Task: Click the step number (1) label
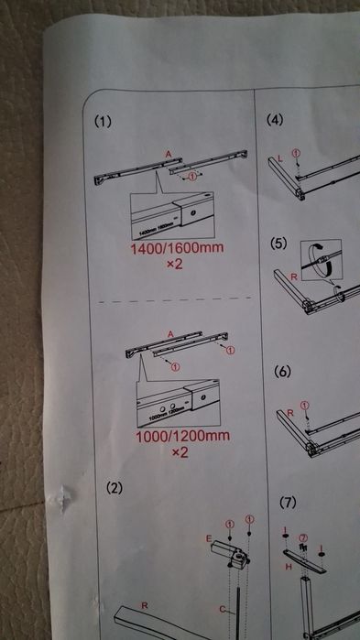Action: [x=106, y=121]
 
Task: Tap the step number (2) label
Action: [x=113, y=487]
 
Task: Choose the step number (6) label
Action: [x=283, y=372]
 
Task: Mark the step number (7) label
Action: [x=289, y=503]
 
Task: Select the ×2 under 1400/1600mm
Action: [x=177, y=265]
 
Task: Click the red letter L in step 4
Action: [x=279, y=158]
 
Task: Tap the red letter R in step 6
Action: [x=290, y=413]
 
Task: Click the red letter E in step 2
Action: [x=208, y=539]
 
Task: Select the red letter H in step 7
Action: [x=289, y=567]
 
